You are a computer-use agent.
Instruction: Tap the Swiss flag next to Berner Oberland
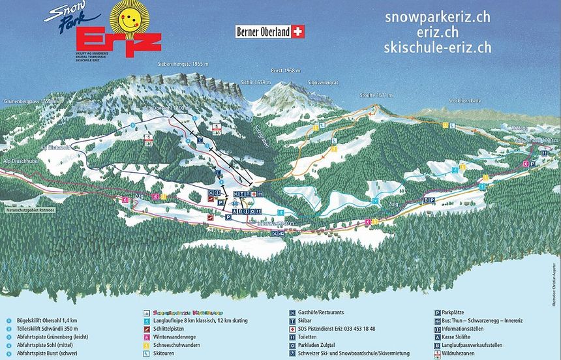pyautogui.click(x=299, y=31)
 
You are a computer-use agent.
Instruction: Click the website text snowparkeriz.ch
pyautogui.click(x=437, y=18)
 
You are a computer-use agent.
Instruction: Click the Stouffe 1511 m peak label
pyautogui.click(x=376, y=95)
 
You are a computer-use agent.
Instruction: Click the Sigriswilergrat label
pyautogui.click(x=323, y=83)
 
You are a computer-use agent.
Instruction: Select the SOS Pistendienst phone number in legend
pyautogui.click(x=340, y=329)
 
